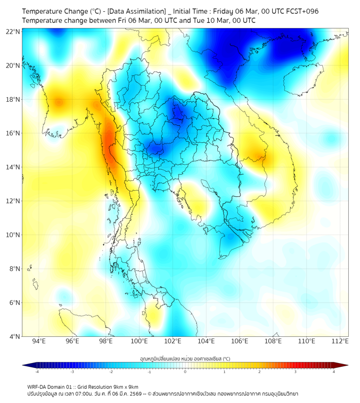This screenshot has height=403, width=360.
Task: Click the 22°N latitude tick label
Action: (13, 31)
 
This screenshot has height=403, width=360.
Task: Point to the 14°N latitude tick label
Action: (13, 167)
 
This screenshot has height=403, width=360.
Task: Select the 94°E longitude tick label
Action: (39, 341)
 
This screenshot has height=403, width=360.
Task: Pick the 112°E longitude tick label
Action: (340, 341)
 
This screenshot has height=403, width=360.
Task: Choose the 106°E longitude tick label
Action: (240, 341)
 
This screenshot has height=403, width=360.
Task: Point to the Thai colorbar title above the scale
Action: (185, 359)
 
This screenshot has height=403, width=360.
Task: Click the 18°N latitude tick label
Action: (13, 99)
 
